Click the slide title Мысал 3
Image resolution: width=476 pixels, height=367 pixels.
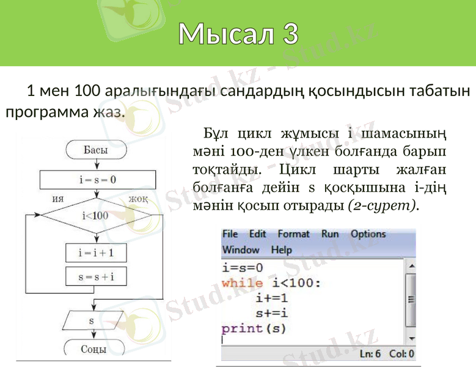tap(238, 34)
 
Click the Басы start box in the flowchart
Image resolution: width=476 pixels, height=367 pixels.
tap(95, 150)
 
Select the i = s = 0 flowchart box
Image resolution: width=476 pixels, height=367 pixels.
tap(97, 180)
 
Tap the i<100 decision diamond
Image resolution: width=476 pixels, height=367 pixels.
tap(95, 215)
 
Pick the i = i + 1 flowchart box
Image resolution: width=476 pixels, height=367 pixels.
tap(96, 253)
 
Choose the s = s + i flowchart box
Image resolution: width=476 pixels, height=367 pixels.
tap(96, 276)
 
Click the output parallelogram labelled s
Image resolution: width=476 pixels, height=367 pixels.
tap(92, 321)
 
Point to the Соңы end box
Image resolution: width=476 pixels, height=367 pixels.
tap(94, 349)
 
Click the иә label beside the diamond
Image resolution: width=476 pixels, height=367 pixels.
tap(59, 199)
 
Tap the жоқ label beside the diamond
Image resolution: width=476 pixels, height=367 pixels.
tap(138, 199)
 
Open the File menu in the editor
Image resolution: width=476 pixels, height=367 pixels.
tap(230, 234)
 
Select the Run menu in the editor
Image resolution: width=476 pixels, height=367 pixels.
tap(330, 234)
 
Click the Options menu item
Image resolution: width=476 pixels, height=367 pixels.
tap(368, 234)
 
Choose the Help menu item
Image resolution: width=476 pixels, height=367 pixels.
tap(281, 250)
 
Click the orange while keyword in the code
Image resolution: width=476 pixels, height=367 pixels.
tap(242, 283)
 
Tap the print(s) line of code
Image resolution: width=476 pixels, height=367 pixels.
tap(254, 328)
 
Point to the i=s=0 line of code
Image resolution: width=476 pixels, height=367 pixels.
tap(242, 268)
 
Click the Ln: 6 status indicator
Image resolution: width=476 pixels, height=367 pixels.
tap(370, 354)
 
